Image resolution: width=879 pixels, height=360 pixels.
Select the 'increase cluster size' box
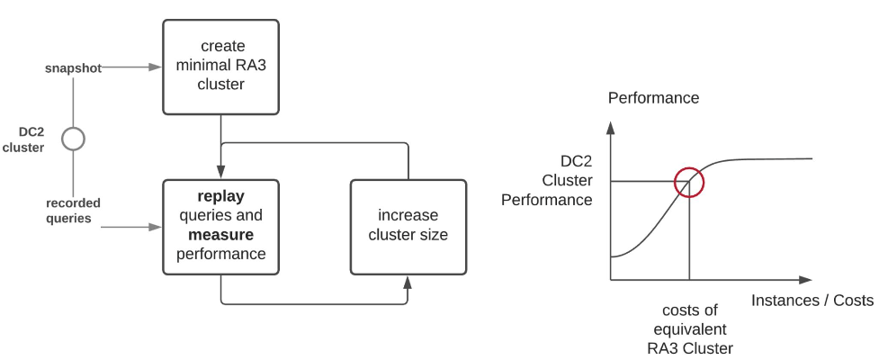pyautogui.click(x=408, y=227)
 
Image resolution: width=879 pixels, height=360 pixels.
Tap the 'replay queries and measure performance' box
pyautogui.click(x=220, y=227)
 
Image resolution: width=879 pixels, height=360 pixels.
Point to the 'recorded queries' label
pyautogui.click(x=73, y=210)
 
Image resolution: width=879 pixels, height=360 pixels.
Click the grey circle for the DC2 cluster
pyautogui.click(x=73, y=139)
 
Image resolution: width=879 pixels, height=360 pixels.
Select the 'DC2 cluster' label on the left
pyautogui.click(x=23, y=139)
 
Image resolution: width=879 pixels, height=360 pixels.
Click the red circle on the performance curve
pyautogui.click(x=688, y=182)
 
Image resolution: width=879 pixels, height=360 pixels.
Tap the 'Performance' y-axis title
pyautogui.click(x=653, y=97)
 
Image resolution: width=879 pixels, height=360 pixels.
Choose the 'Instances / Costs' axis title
pyautogui.click(x=812, y=301)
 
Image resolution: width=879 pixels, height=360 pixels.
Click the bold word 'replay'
pyautogui.click(x=221, y=196)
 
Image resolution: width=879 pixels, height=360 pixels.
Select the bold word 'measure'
pyautogui.click(x=220, y=235)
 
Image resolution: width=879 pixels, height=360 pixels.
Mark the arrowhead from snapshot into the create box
pyautogui.click(x=156, y=67)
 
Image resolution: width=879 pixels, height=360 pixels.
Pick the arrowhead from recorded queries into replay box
pyautogui.click(x=156, y=227)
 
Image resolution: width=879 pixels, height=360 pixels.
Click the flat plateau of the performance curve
pyautogui.click(x=774, y=159)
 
